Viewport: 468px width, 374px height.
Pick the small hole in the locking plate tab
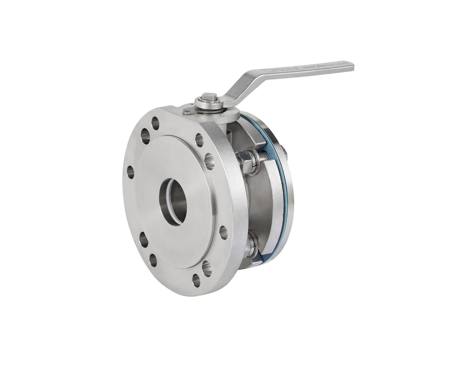[187, 112]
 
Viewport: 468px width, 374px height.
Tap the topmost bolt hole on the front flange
[156, 123]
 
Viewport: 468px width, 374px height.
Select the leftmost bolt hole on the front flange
[130, 172]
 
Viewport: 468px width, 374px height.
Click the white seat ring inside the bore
[168, 200]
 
